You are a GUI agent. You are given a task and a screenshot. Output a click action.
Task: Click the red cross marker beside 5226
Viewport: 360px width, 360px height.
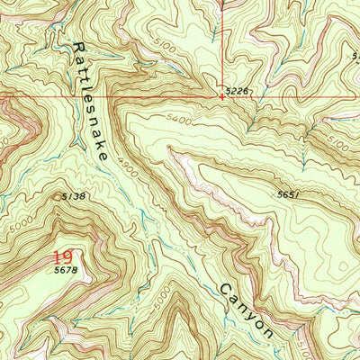pos(222,94)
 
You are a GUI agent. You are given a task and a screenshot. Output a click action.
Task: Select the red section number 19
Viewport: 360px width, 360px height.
pos(62,256)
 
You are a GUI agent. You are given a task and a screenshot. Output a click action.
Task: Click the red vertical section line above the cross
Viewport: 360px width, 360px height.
pos(222,45)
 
